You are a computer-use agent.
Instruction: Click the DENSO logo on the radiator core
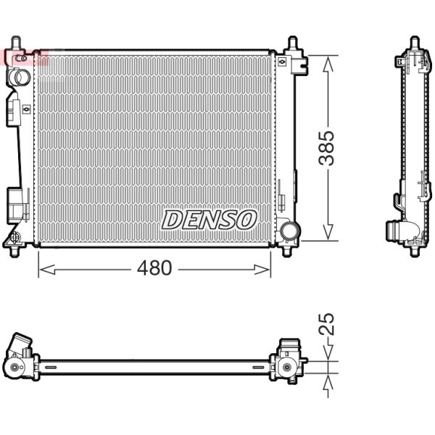click(209, 219)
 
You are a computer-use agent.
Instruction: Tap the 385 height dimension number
click(328, 148)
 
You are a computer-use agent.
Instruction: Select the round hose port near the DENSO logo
click(290, 231)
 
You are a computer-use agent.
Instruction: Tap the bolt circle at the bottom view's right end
click(287, 368)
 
